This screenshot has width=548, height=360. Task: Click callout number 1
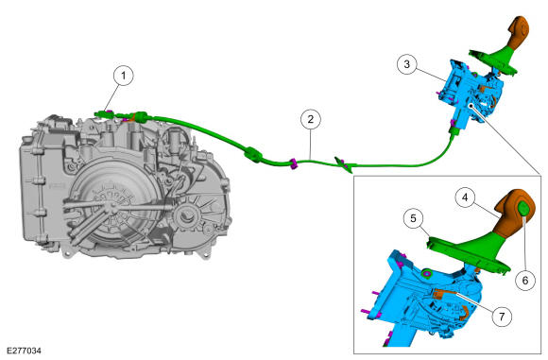pyautogui.click(x=123, y=76)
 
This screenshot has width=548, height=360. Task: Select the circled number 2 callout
pyautogui.click(x=310, y=119)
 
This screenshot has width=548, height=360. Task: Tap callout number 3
pyautogui.click(x=407, y=64)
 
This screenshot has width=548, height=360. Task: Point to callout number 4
pyautogui.click(x=465, y=197)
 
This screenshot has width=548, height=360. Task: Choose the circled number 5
pyautogui.click(x=414, y=219)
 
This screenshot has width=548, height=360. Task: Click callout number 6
pyautogui.click(x=525, y=280)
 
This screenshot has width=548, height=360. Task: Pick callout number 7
pyautogui.click(x=502, y=317)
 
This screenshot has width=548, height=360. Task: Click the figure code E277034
pyautogui.click(x=25, y=351)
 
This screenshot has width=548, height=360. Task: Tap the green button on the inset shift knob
pyautogui.click(x=523, y=210)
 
